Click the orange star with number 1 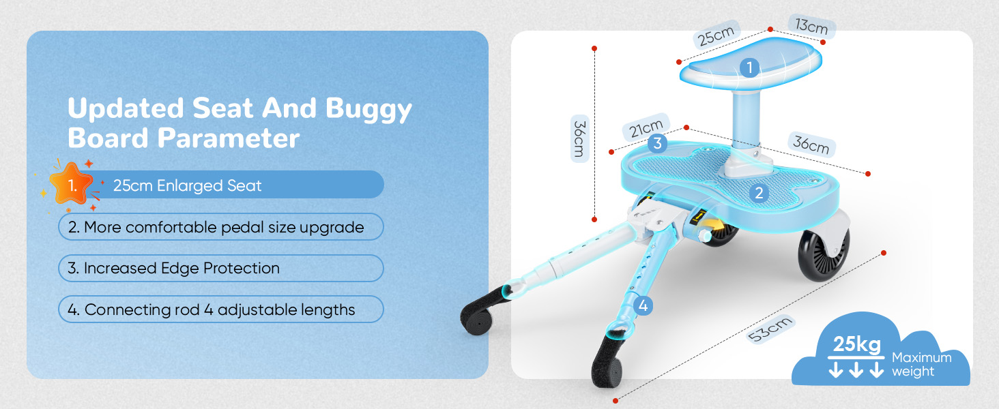click(x=72, y=184)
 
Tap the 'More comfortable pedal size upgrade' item click(x=221, y=227)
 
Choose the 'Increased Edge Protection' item click(x=221, y=269)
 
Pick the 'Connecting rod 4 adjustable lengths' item click(x=221, y=309)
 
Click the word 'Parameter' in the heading click(x=229, y=138)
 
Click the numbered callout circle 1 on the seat click(x=749, y=67)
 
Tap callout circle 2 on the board click(x=758, y=193)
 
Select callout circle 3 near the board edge click(x=656, y=143)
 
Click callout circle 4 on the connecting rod click(x=643, y=306)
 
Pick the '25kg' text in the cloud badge click(x=858, y=345)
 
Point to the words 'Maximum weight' click(x=921, y=365)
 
